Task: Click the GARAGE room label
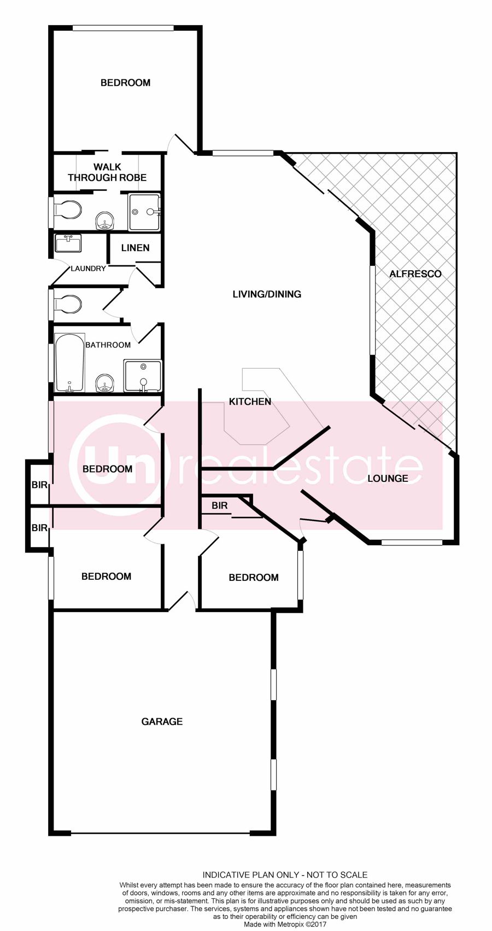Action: click(162, 721)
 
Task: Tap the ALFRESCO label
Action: click(415, 274)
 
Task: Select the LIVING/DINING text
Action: click(267, 294)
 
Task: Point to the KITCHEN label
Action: click(250, 402)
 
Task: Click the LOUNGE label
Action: click(388, 479)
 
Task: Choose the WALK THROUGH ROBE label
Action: click(107, 172)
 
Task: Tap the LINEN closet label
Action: click(136, 248)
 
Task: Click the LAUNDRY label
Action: click(88, 269)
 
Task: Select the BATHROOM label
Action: click(108, 345)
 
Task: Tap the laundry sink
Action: click(68, 243)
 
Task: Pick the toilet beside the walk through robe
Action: click(67, 210)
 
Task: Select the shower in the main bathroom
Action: click(143, 376)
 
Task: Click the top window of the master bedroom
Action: click(124, 28)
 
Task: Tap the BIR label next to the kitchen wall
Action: click(219, 505)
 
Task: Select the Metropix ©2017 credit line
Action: click(285, 924)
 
